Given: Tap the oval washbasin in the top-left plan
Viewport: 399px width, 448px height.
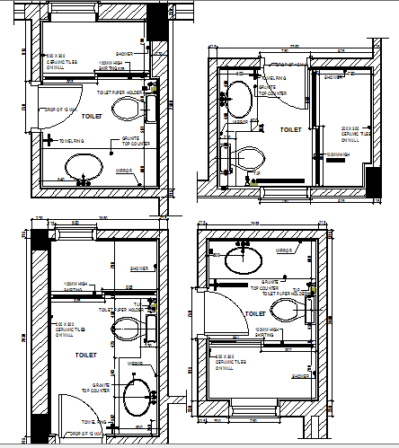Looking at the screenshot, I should point(84,166).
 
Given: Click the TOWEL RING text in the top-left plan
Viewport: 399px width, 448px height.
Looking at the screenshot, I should point(72,140).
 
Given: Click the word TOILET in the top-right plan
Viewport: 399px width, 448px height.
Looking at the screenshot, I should point(290,130).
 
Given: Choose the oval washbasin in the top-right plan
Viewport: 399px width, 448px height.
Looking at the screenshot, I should point(240,97).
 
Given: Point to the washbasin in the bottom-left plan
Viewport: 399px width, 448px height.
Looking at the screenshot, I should point(137,396).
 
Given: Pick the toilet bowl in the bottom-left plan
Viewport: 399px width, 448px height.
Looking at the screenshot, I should point(137,328).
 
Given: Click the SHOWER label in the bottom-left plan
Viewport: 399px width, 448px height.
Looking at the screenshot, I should point(139,268).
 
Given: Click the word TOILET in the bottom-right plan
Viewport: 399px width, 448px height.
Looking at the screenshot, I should point(256,313).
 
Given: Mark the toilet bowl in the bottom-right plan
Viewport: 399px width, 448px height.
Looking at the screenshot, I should point(287,311).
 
